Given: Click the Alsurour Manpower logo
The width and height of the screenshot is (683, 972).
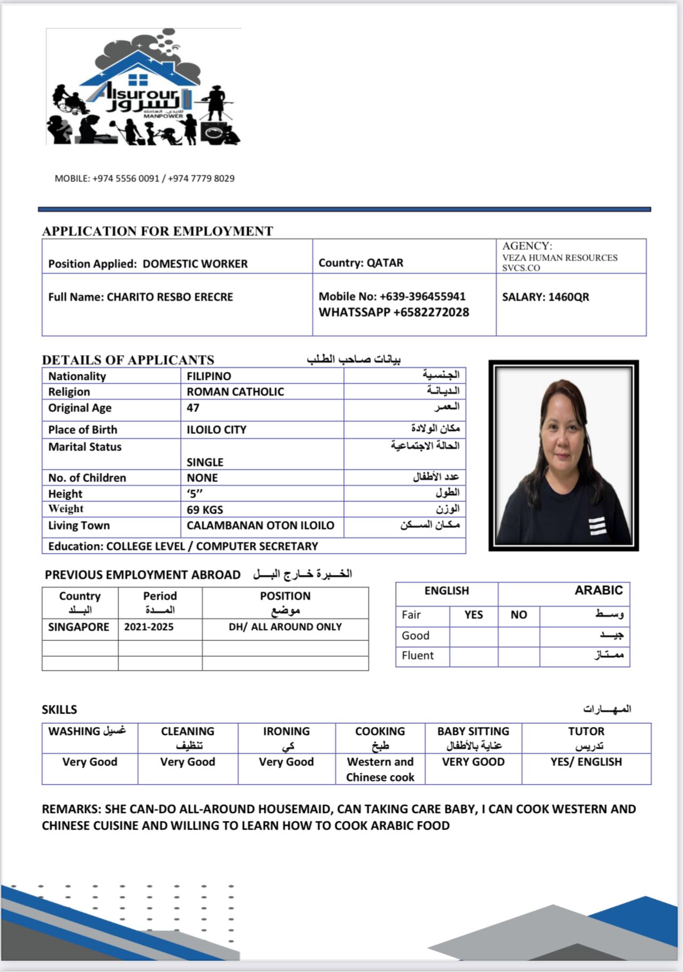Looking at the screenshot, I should (143, 88).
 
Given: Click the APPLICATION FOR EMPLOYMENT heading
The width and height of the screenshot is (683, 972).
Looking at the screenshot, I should (157, 231).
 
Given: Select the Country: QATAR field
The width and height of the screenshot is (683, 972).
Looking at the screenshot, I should (361, 263).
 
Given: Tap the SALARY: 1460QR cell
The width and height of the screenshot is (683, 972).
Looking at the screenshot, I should (545, 297).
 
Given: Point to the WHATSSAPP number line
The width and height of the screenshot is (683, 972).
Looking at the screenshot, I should (394, 312).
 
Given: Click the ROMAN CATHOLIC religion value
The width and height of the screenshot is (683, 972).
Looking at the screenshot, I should (235, 392).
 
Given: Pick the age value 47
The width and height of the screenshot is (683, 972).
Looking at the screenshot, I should (193, 408).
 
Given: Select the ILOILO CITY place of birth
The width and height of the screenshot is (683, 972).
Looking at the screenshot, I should (216, 430).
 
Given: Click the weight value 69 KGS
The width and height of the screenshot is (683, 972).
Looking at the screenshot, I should (205, 510).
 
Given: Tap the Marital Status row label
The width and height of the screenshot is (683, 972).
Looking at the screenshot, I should (85, 447).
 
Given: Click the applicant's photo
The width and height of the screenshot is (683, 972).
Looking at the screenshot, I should (563, 456).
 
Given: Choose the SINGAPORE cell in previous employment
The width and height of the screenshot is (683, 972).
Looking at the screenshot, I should (79, 627).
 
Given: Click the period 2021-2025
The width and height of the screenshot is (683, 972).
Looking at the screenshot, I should (149, 627).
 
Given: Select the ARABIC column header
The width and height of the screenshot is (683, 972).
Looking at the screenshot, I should (598, 590).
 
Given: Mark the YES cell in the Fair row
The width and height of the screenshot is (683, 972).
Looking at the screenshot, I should (473, 615).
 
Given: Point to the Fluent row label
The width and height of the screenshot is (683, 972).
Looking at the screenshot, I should (418, 655).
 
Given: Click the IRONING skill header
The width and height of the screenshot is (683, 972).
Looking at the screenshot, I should (286, 731).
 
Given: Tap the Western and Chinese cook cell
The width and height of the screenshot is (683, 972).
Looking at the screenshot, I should (380, 769).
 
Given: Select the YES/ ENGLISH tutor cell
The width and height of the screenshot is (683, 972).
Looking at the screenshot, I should (586, 762).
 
